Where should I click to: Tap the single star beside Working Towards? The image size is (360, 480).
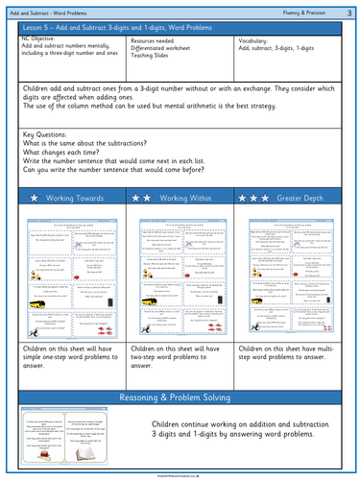pyautogui.click(x=31, y=197)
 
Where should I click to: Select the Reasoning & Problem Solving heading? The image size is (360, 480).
pyautogui.click(x=180, y=397)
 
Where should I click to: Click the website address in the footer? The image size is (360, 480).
pyautogui.click(x=180, y=473)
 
